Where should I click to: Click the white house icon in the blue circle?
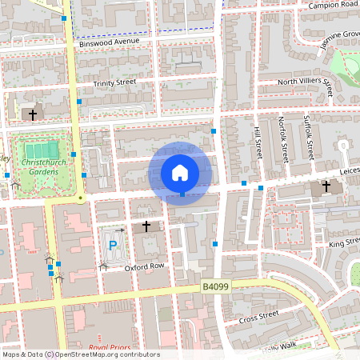pos(180,172)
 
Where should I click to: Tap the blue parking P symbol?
pos(113,246)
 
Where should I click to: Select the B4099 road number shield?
pos(214,286)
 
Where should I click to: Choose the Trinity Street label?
pos(115,82)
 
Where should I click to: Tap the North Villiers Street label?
pos(305,81)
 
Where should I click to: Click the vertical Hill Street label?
pos(258,142)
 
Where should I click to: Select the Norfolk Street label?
pos(283,138)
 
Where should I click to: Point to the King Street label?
pos(345,241)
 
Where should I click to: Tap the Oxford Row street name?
pos(144,266)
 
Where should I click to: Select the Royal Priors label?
pos(110,348)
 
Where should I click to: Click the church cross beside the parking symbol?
pos(146,227)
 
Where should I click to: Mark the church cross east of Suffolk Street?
pos(326,187)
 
